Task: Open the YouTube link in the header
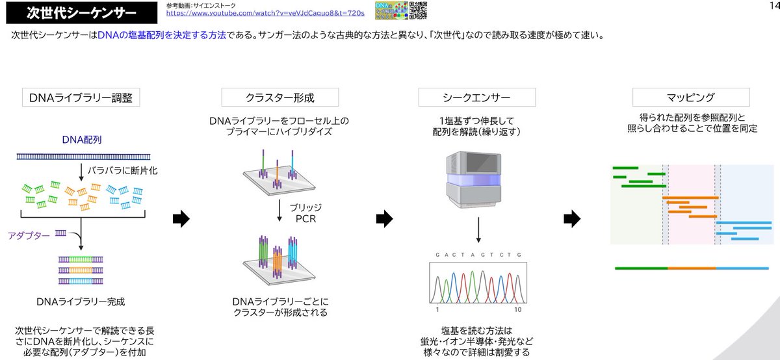[x=265, y=13]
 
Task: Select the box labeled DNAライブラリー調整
[x=81, y=97]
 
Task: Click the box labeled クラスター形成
[x=279, y=97]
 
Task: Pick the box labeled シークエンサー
[x=476, y=97]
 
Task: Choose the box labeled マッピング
[x=690, y=97]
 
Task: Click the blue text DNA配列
[x=82, y=140]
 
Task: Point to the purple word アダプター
[x=29, y=236]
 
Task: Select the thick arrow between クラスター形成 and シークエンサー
[x=385, y=219]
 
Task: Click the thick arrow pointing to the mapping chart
[x=571, y=219]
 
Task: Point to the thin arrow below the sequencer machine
[x=478, y=229]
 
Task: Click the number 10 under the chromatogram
[x=518, y=309]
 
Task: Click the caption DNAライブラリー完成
[x=81, y=302]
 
